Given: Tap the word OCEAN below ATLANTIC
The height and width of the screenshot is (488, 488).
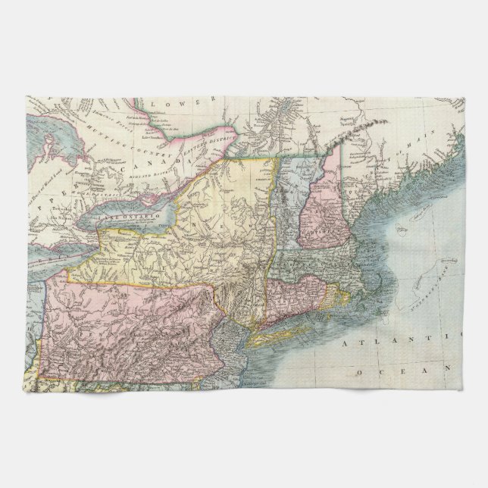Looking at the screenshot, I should [x=402, y=371].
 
